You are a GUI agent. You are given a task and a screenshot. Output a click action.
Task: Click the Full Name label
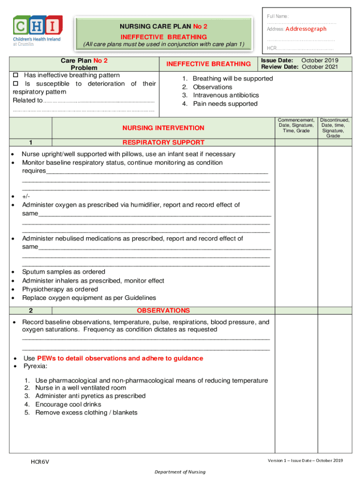point(278,16)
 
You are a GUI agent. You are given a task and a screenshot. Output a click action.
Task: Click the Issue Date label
point(277,60)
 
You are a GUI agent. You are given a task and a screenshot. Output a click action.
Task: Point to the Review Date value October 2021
point(320,67)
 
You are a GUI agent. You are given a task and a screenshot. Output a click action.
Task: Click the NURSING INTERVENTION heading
point(163,128)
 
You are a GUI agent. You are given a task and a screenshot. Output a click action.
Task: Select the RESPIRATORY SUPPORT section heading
point(163,142)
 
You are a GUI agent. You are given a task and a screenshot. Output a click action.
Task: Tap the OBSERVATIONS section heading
point(163,311)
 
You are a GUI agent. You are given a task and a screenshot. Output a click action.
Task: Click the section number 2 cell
point(30,311)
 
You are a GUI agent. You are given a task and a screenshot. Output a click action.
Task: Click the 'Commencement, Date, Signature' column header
point(296,125)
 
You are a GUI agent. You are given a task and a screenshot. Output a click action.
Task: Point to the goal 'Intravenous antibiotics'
point(226,95)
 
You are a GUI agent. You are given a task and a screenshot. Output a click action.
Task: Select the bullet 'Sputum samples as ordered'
point(64,272)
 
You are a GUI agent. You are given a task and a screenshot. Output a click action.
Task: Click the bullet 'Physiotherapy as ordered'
point(60,289)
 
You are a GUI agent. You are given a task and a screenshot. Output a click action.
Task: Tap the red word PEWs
point(47,358)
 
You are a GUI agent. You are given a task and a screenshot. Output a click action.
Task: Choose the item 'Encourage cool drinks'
point(68,404)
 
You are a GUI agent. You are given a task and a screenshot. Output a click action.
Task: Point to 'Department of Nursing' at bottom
point(180,472)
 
